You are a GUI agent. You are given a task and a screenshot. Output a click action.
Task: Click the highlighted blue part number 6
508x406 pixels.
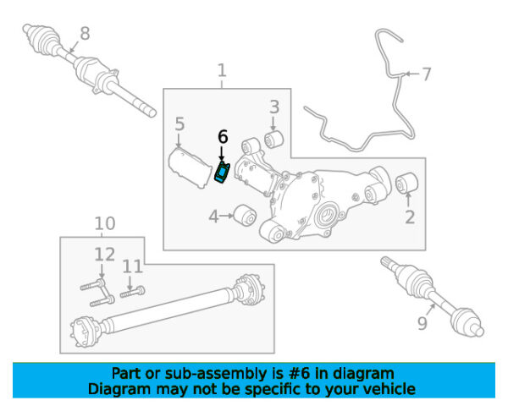coord(223,172)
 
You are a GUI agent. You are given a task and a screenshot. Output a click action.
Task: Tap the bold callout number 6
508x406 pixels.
coord(223,137)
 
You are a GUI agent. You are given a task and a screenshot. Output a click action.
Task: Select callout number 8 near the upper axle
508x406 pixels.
coord(85,33)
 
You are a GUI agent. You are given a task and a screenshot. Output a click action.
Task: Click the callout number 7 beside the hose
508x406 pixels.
coord(427,74)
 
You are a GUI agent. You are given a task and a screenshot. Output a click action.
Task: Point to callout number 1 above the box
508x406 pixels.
coord(222,70)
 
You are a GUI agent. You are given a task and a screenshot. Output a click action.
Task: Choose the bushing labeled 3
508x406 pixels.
coord(273,139)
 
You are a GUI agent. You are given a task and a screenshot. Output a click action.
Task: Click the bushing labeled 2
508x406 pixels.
coord(407,183)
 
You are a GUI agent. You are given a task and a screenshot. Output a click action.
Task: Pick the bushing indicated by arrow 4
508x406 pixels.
coord(246,214)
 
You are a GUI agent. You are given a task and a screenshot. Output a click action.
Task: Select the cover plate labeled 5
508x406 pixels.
coord(189,167)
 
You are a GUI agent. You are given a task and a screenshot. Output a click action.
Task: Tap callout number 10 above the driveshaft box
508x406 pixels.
coord(105,223)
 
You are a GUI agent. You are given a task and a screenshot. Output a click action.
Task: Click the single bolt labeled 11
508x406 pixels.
coord(133,292)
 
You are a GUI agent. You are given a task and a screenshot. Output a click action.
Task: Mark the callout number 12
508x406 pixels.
coord(105,255)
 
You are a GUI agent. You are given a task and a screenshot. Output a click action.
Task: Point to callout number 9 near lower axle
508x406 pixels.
coord(422,323)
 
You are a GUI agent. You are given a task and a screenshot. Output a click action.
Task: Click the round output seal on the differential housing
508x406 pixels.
coord(326,216)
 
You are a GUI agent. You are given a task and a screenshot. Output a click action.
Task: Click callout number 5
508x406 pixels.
coord(179,124)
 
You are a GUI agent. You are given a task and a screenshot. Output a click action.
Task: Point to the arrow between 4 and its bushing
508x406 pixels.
coord(227,216)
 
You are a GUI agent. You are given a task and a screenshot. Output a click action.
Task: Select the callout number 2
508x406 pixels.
coord(410,217)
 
